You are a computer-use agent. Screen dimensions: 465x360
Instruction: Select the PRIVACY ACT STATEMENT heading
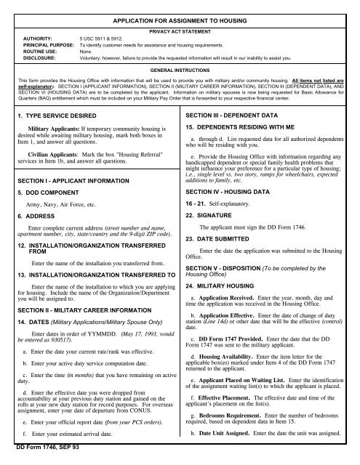(x=180, y=33)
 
